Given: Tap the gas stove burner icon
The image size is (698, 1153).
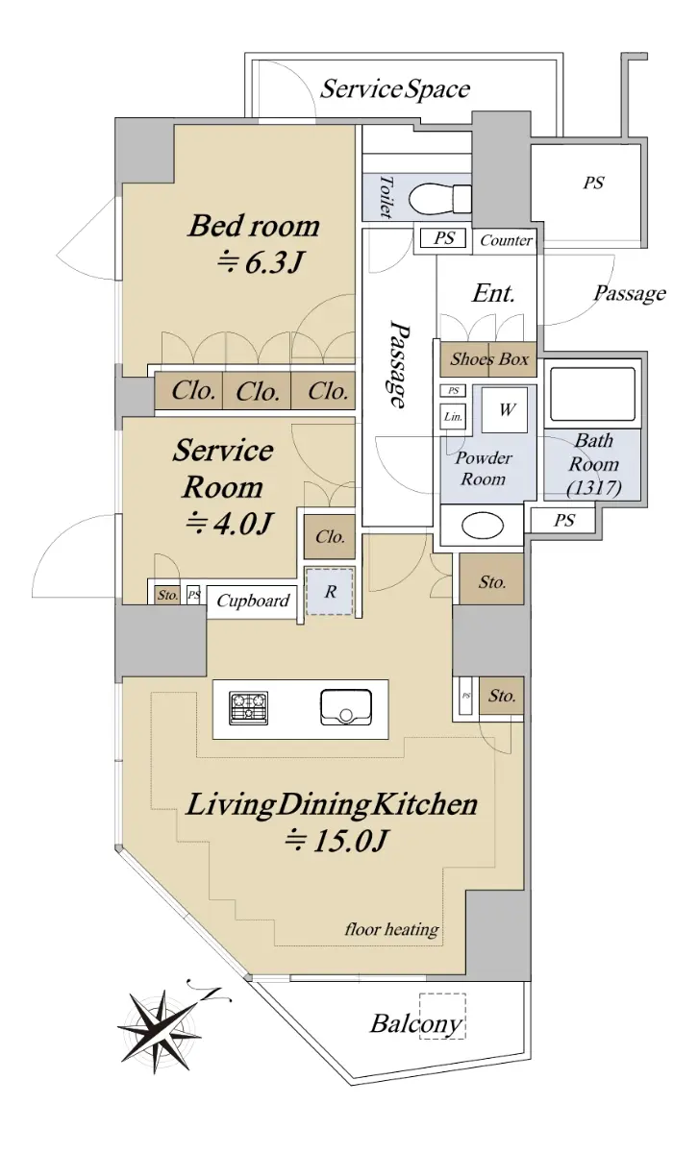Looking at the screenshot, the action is tap(249, 707).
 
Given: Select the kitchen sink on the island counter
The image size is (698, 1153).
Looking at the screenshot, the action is tap(346, 707).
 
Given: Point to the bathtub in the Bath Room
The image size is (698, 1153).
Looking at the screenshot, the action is tap(592, 394).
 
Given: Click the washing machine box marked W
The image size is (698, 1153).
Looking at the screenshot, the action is tap(505, 409).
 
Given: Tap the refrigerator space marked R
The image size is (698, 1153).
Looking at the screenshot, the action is tap(330, 591).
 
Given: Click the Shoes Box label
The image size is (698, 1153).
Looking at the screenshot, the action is tap(489, 358).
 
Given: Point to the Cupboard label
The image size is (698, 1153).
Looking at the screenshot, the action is tap(253, 601).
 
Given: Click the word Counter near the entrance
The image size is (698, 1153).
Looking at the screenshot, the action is tap(506, 240).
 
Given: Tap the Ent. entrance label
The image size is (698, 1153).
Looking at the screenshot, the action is tap(493, 293).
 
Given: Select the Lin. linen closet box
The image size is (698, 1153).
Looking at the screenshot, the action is tap(453, 416).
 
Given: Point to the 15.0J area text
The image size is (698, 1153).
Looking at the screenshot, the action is tap(336, 842).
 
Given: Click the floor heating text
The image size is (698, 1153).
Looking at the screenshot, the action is tap(392, 929).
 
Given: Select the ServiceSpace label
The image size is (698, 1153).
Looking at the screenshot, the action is tap(395, 89).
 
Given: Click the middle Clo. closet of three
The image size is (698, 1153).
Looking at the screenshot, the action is tap(258, 392).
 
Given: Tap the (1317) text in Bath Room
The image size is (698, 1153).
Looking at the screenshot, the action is tap(594, 487).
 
